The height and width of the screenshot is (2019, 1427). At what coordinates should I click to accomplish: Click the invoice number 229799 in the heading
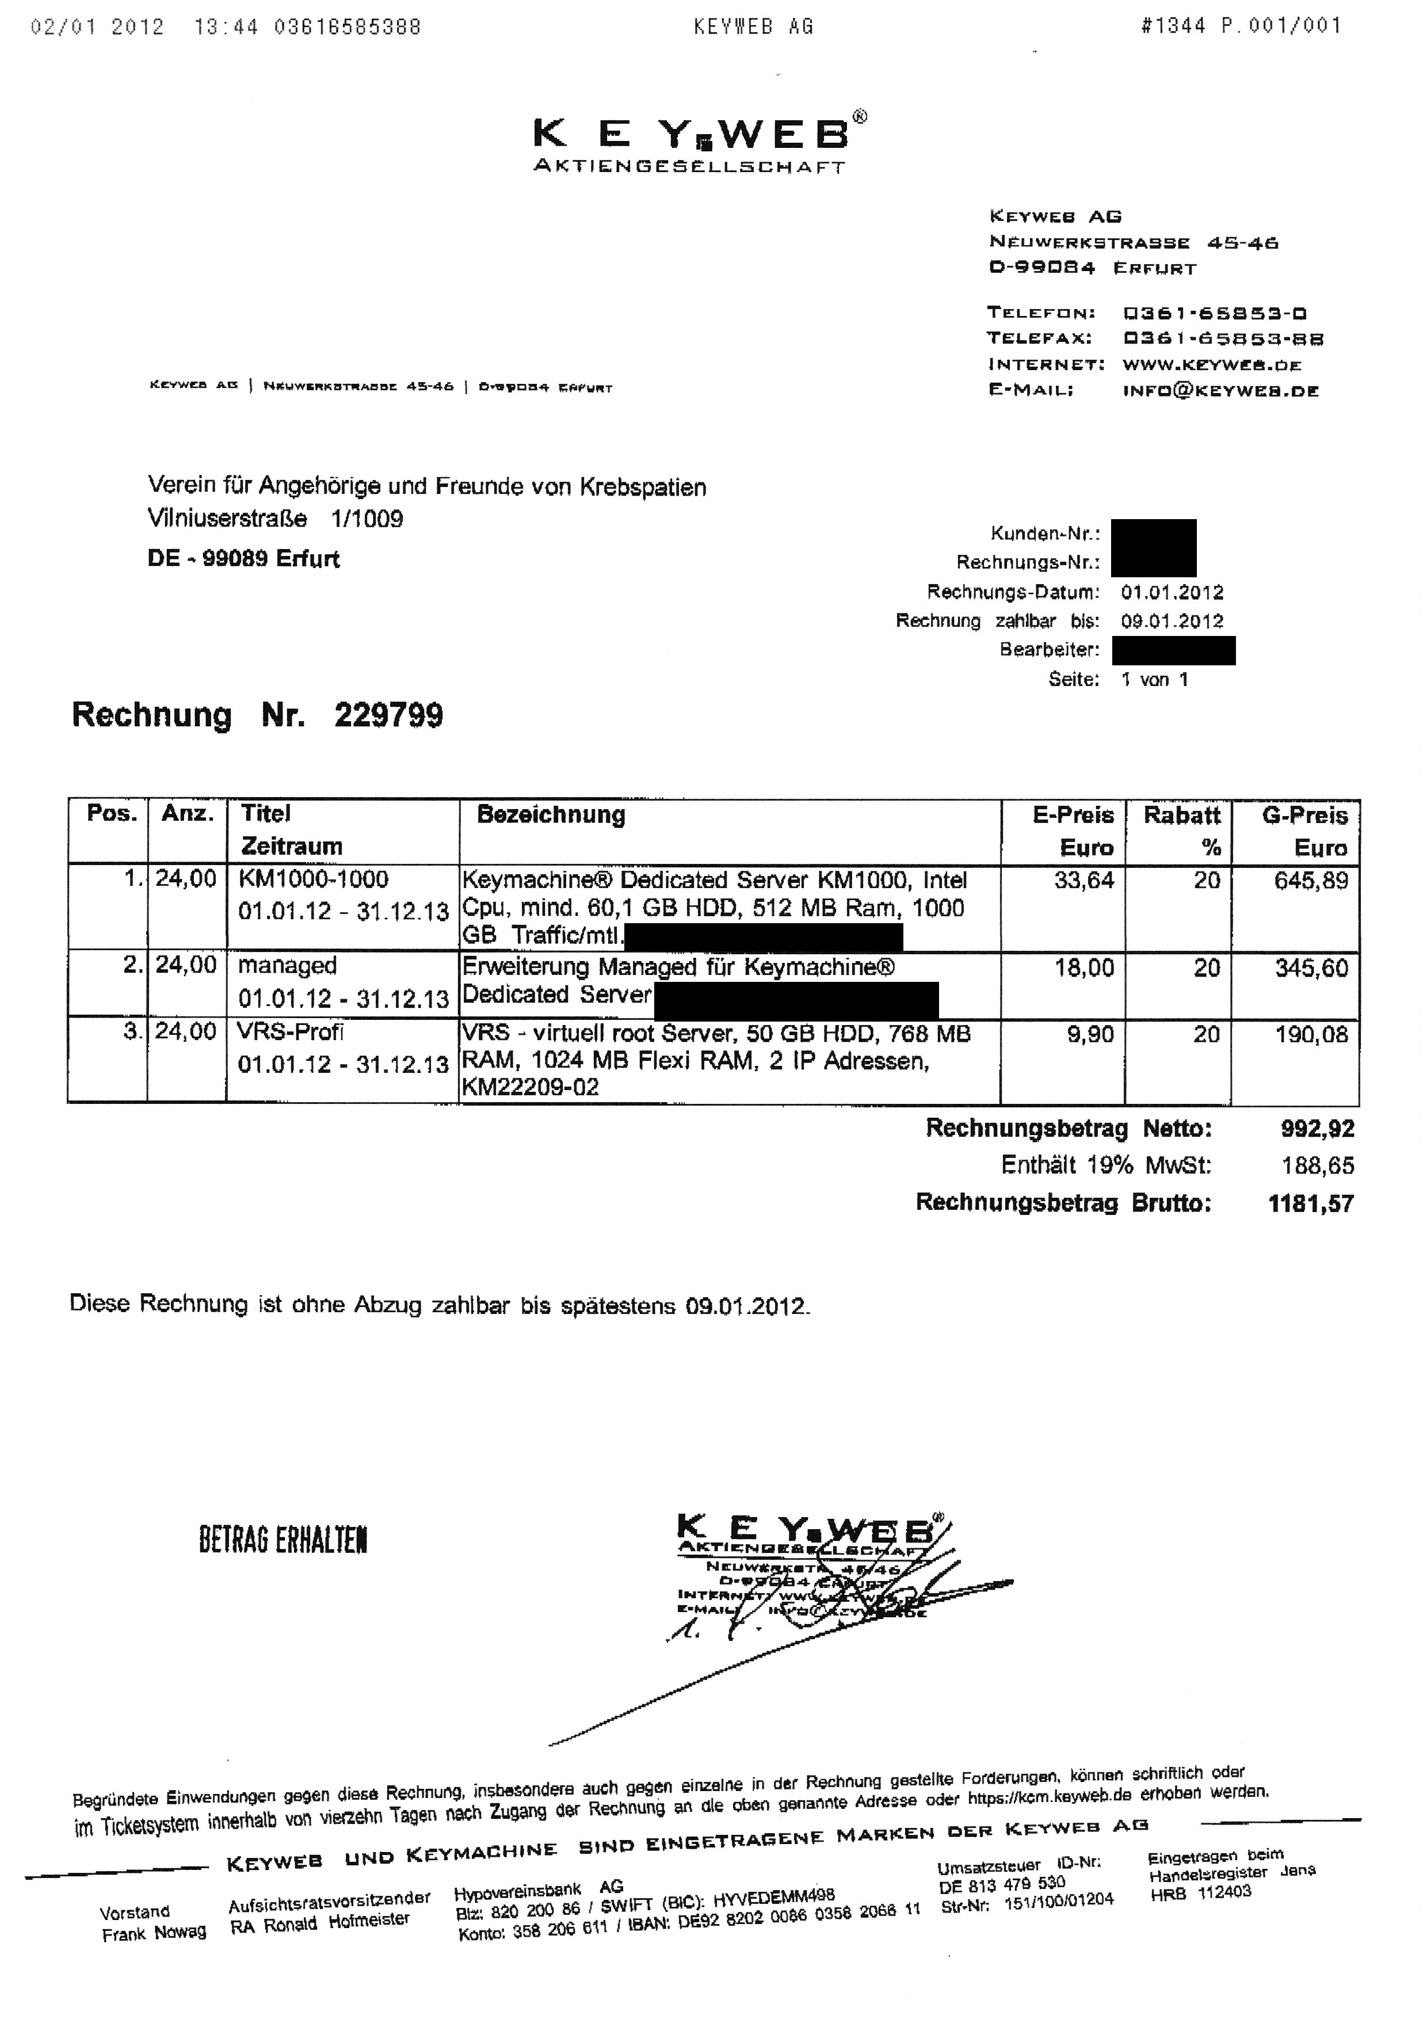388,715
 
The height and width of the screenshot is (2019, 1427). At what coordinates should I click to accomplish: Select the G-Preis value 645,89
1310,880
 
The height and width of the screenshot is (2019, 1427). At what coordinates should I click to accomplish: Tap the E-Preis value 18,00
1083,967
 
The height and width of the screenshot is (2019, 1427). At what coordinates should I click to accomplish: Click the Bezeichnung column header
551,814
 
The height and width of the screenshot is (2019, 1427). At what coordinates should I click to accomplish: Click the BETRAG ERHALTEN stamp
283,1540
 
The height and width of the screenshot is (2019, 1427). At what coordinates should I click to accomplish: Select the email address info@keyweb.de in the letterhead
1220,391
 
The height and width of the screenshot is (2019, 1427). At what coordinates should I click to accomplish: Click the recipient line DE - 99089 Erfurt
243,558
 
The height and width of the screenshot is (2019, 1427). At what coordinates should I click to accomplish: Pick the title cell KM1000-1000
313,879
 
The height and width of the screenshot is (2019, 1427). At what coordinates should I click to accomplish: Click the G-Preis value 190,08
1310,1034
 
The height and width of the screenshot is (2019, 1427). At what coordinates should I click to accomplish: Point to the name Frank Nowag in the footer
154,1932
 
